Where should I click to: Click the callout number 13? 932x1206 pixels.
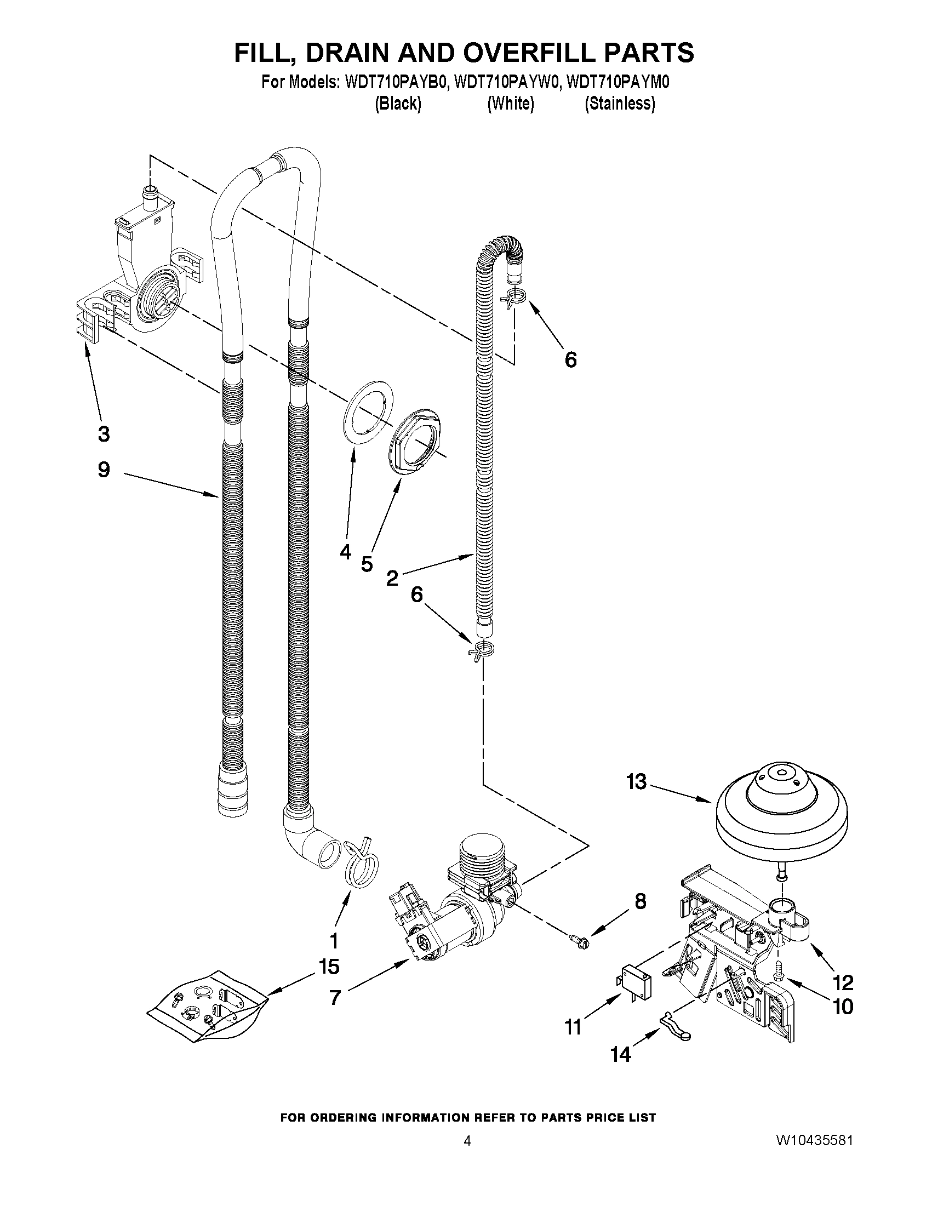tap(636, 782)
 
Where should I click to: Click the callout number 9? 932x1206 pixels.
tap(104, 470)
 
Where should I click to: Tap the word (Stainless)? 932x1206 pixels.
tap(620, 103)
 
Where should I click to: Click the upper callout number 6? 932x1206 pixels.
tap(570, 360)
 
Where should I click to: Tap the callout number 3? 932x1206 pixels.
tap(104, 434)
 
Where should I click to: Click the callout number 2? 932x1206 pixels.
tap(392, 578)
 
